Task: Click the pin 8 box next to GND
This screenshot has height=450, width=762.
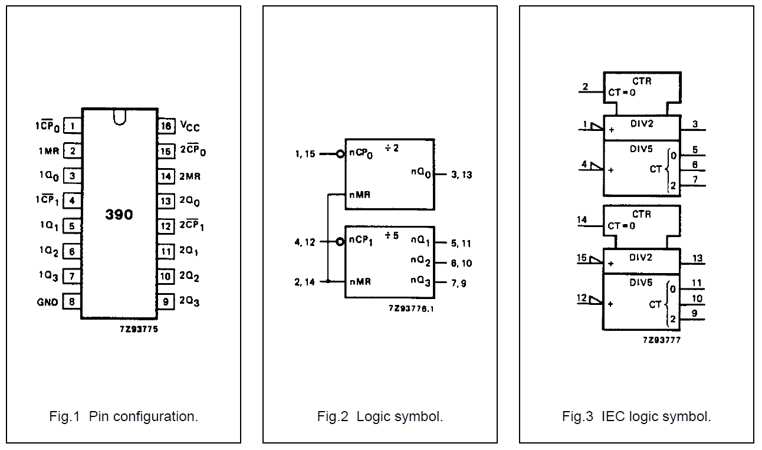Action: click(x=72, y=302)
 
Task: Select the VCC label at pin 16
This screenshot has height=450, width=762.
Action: click(x=189, y=126)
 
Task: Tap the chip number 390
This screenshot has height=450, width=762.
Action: click(x=119, y=215)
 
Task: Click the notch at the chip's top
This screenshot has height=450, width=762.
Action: click(x=119, y=117)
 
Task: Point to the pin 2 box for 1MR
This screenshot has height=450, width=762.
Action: click(x=72, y=151)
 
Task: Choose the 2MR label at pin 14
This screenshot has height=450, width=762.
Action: click(x=189, y=176)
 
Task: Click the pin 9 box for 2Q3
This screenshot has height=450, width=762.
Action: click(x=166, y=302)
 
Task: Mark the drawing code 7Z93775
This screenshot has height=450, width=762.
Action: click(x=138, y=329)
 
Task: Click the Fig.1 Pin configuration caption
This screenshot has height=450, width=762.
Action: click(x=123, y=416)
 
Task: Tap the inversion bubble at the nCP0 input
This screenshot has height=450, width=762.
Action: click(x=340, y=154)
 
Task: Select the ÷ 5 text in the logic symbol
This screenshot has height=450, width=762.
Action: click(x=392, y=236)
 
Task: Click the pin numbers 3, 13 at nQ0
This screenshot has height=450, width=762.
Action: click(x=461, y=175)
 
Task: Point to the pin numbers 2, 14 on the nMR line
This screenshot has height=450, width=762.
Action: click(x=306, y=282)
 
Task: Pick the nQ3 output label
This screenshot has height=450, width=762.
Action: click(x=421, y=281)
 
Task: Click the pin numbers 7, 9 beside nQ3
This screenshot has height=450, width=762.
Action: click(x=459, y=283)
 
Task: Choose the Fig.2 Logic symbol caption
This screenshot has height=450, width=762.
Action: click(x=380, y=416)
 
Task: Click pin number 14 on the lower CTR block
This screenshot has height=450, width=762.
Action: click(x=582, y=220)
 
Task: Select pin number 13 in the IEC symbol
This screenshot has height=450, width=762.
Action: click(x=697, y=258)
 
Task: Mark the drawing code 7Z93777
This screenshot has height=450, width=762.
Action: click(x=662, y=340)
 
